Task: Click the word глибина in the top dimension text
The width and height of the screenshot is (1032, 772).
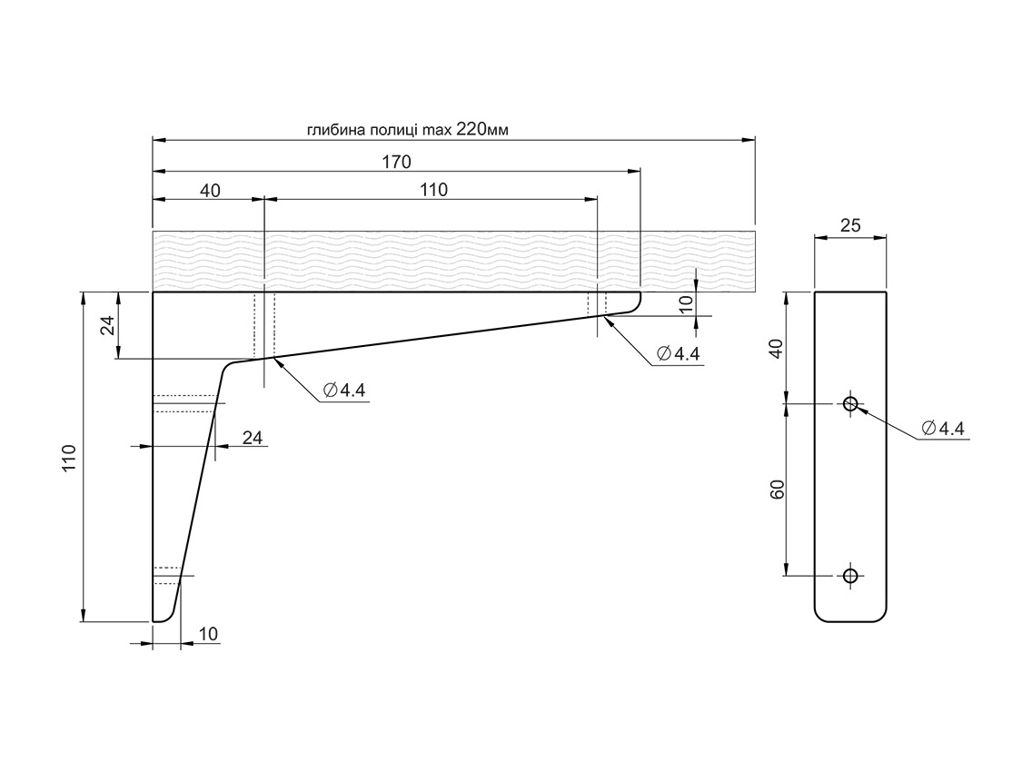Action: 332,130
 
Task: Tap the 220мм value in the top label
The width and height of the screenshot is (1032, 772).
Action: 481,129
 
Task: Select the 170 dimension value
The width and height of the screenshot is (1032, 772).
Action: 396,163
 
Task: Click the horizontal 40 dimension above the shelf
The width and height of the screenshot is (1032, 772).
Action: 210,190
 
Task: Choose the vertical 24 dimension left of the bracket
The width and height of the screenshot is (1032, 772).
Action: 106,325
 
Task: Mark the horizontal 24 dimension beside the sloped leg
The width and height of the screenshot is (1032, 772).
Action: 253,438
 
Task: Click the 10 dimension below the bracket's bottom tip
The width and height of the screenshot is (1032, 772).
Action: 208,634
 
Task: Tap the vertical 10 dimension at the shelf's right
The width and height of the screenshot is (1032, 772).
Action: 687,302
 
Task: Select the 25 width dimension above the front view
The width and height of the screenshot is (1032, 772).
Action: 850,226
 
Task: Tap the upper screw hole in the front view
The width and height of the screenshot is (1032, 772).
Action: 850,403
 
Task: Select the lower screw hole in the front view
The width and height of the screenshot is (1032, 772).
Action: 850,575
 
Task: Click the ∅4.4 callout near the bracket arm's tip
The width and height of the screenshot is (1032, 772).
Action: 677,354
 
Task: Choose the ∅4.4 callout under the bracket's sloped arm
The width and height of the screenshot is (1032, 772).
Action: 343,391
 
